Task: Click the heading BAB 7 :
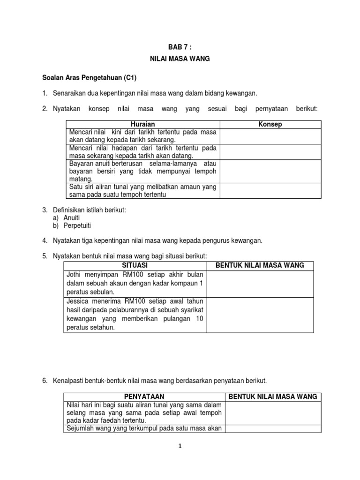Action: tap(180, 47)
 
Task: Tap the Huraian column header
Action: tap(142, 124)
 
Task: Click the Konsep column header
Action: tap(270, 124)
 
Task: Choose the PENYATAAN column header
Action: tap(144, 397)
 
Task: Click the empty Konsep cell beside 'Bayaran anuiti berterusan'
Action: tap(270, 171)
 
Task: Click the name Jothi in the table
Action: tap(75, 274)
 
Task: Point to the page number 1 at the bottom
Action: tap(180, 447)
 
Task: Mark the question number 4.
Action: tap(44, 240)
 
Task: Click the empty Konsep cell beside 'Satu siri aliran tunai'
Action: tap(270, 191)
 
